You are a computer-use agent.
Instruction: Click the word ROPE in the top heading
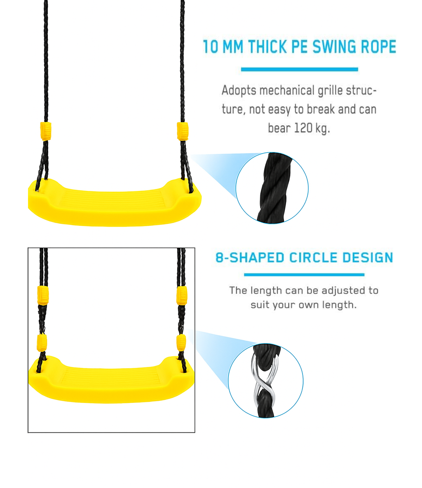[378, 46]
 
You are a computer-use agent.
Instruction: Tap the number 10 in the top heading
[211, 46]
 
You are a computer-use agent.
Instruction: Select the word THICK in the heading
[267, 46]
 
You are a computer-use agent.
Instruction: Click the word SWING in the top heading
[334, 46]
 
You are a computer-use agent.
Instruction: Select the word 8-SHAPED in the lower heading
[250, 258]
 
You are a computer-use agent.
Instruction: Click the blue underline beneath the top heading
[300, 70]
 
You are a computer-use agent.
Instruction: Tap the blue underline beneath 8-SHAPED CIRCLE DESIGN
[304, 275]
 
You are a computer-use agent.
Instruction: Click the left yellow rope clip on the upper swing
[45, 131]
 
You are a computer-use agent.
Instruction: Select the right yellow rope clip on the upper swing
[182, 131]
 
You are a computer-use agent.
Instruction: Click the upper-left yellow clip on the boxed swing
[43, 295]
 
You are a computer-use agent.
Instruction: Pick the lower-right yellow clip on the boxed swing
[181, 343]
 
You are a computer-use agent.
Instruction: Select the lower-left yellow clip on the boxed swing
[42, 343]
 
